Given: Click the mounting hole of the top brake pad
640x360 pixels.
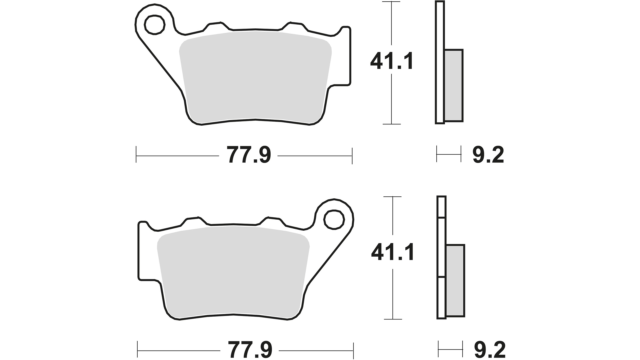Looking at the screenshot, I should click(155, 24).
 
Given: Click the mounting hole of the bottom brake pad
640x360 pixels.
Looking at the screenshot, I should click(334, 220).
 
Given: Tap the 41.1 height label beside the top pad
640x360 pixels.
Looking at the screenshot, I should click(392, 61).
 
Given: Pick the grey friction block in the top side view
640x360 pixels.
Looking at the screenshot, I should click(454, 85).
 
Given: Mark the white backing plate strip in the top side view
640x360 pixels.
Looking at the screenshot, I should click(440, 63).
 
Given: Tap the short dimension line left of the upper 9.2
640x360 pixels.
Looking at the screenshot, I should click(449, 154).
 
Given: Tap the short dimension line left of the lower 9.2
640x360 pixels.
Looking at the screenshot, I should click(450, 350).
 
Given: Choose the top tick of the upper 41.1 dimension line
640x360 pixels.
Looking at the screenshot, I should click(391, 2).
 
